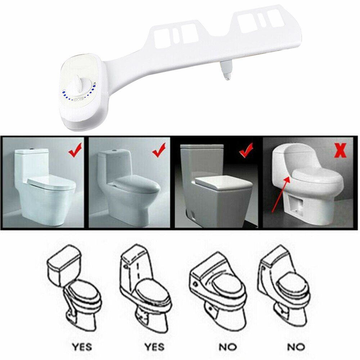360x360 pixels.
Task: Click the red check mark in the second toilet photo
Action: [x=159, y=150]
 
